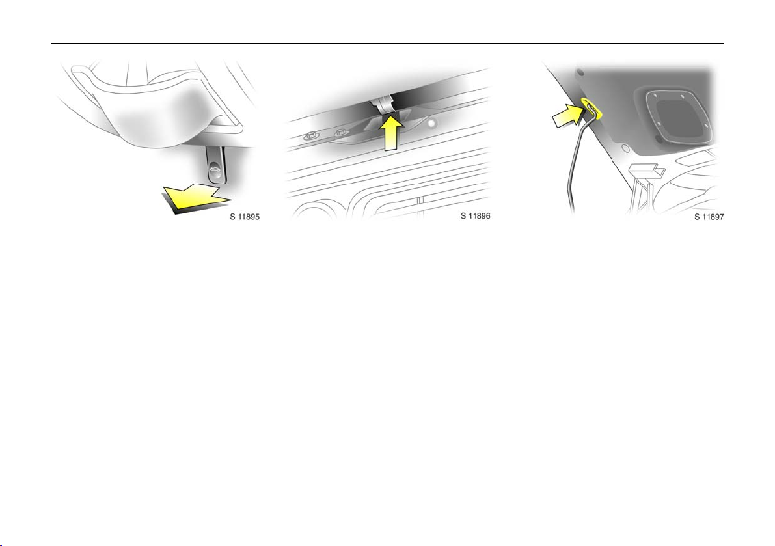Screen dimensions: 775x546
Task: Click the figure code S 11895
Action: [x=244, y=217]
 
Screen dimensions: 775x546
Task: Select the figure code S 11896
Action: [x=475, y=215]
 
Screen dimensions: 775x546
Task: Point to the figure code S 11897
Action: [x=709, y=217]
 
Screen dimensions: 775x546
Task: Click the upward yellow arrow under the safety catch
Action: [x=390, y=132]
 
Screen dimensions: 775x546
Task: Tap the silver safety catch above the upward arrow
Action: [x=383, y=105]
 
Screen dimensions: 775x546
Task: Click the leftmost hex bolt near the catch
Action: [x=310, y=135]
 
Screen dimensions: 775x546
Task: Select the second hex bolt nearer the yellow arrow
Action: [x=340, y=132]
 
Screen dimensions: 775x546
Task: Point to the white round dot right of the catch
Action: [x=433, y=123]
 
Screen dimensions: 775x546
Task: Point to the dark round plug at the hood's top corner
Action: [x=580, y=73]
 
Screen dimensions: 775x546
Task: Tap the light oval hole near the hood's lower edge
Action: [x=625, y=147]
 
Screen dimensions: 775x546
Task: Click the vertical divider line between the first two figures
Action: [x=271, y=288]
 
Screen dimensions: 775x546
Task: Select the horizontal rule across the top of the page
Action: [x=388, y=43]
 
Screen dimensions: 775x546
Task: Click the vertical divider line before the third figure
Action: [x=504, y=288]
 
